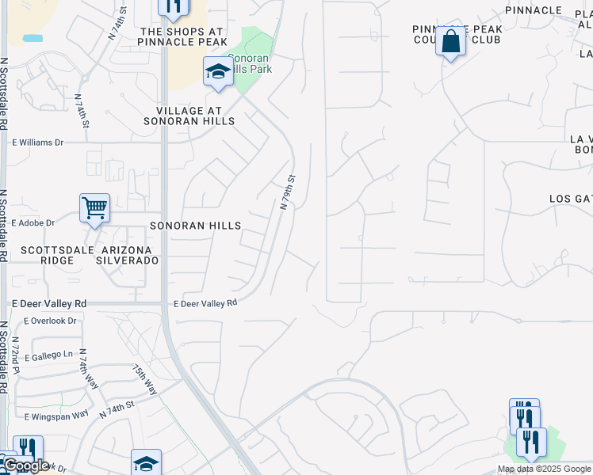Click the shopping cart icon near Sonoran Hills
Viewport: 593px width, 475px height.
94,208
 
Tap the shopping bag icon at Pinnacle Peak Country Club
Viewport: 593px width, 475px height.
450,42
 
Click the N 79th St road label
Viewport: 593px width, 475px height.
288,192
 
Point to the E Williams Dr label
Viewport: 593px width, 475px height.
37,142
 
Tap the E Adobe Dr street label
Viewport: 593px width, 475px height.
33,223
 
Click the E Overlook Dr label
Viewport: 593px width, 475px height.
50,321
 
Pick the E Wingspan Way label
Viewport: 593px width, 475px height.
56,416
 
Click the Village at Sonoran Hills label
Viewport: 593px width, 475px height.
189,116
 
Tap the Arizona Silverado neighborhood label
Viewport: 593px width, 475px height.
128,260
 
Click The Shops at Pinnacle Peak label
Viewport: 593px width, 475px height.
182,36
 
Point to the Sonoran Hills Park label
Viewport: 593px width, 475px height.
250,63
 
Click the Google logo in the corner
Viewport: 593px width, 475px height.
25,465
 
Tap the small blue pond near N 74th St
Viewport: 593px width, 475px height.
33,38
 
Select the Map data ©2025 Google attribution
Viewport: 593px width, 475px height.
545,469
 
